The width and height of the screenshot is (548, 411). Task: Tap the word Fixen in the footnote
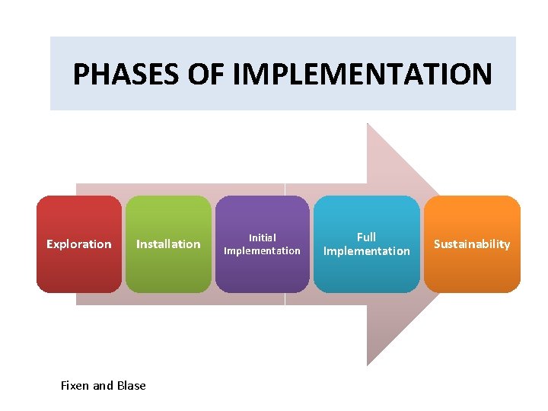pos(75,385)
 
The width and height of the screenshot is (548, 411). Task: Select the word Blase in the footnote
pos(131,385)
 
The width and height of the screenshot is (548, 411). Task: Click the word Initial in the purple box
pos(263,237)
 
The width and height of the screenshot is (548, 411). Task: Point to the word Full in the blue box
pos(366,237)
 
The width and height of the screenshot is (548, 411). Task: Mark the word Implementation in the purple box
pos(263,250)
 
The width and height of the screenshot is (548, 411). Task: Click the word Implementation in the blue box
pos(366,251)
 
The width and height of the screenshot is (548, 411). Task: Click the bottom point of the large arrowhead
pos(368,363)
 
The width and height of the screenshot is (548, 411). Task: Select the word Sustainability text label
pos(472,244)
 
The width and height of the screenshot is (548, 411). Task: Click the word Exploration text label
pos(78,244)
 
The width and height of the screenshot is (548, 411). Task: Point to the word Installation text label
pos(168,244)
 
